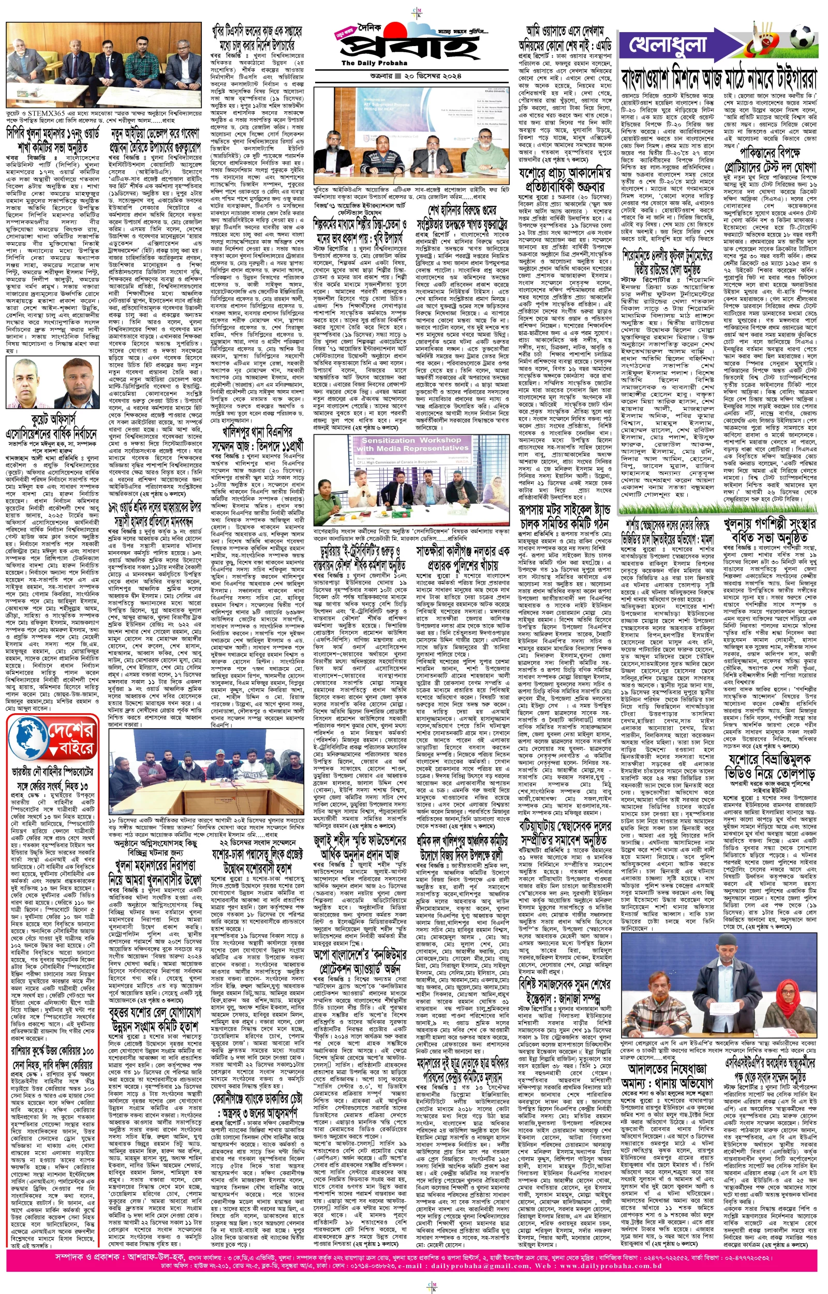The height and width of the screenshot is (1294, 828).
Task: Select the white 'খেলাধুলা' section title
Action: (667, 45)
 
